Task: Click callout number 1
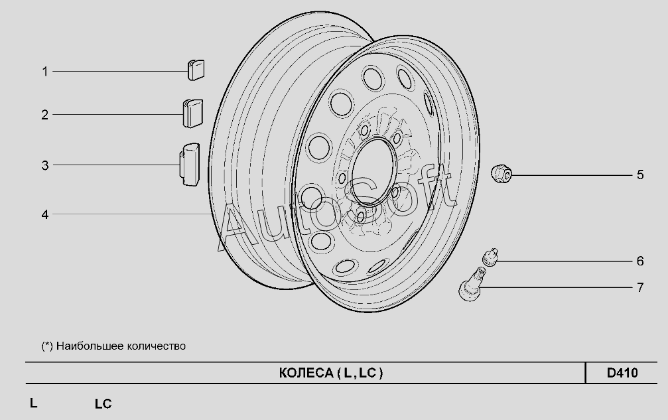[44, 72]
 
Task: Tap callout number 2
[44, 115]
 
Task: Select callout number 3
[44, 165]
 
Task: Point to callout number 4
[44, 215]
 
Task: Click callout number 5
[640, 175]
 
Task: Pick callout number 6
[640, 261]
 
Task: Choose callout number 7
[640, 287]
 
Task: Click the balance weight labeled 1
[196, 70]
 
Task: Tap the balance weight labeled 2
[193, 113]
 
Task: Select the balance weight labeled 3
[190, 165]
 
